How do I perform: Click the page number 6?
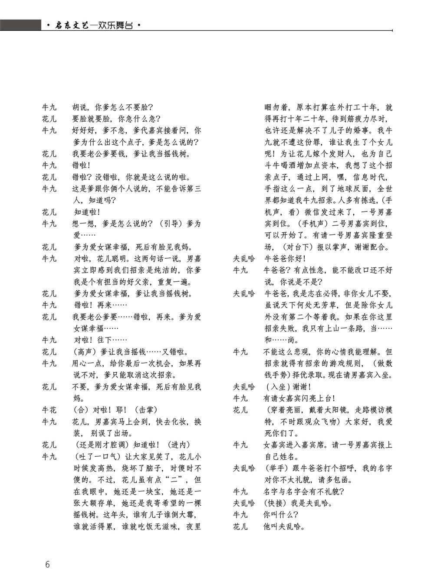(47, 564)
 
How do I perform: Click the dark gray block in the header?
(20, 25)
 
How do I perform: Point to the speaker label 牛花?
(49, 410)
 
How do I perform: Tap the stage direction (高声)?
(84, 351)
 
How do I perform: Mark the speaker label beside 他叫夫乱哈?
(240, 527)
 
